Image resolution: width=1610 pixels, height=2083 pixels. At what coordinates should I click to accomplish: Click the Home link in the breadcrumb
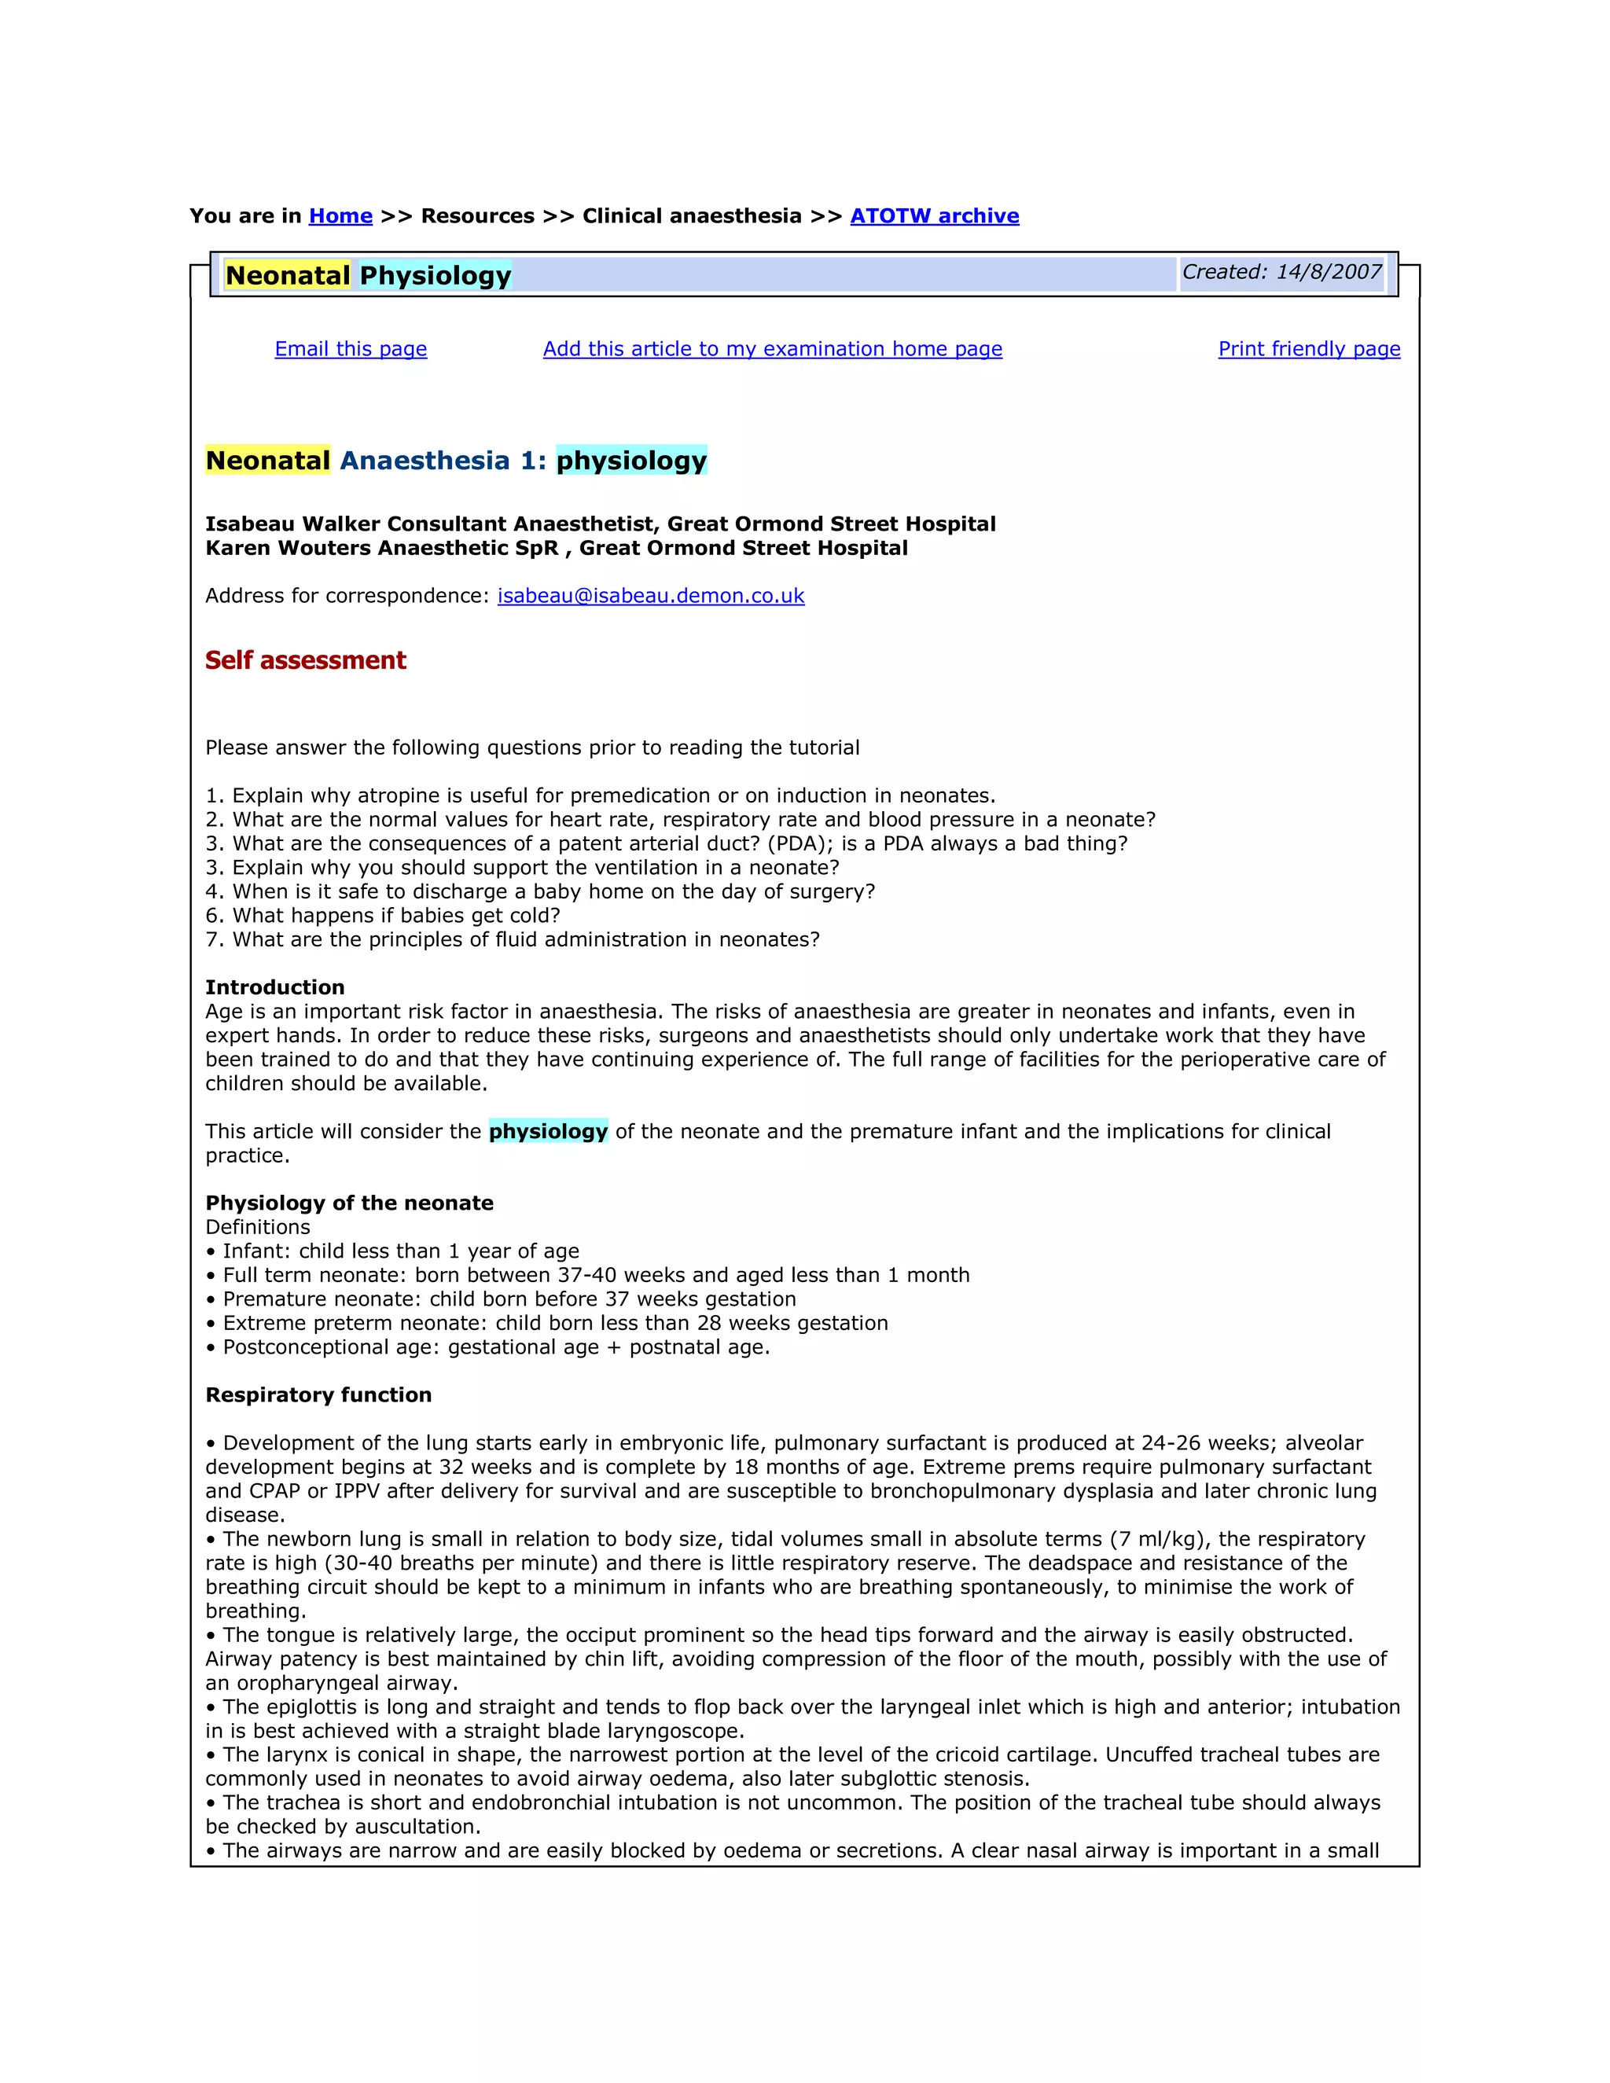point(340,216)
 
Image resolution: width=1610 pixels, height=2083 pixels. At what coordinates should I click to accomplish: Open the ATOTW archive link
point(934,216)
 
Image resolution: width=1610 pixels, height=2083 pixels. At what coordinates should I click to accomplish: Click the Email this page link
point(350,349)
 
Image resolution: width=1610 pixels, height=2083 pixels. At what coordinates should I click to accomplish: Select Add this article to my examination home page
point(773,349)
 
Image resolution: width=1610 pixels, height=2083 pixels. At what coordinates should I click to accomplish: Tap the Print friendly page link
point(1309,349)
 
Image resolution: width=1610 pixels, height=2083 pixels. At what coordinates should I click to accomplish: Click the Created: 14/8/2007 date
point(1281,273)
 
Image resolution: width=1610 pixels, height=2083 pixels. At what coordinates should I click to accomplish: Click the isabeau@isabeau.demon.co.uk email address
point(650,596)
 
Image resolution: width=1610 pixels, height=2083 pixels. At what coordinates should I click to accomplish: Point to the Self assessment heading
point(305,660)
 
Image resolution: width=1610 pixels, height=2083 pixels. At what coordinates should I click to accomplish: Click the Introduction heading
point(274,987)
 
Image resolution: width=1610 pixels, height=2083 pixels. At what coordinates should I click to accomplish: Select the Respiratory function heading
point(318,1394)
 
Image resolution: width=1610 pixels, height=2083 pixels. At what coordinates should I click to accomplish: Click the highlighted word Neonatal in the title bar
point(288,276)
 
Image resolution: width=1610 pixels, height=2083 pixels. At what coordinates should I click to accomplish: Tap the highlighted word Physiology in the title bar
point(436,276)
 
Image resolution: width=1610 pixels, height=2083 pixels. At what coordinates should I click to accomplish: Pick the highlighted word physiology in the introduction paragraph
point(549,1131)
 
